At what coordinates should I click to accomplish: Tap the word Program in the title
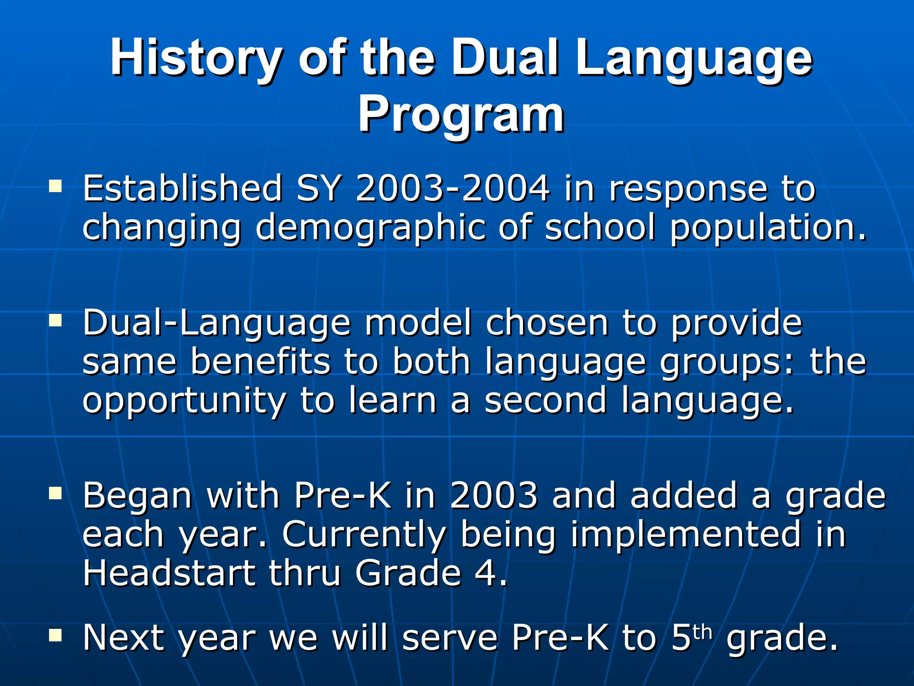(461, 115)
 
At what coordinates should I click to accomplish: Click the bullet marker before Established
(55, 186)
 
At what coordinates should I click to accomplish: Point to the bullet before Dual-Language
(55, 320)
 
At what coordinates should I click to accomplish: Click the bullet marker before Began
(55, 493)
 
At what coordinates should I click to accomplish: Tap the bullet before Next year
(55, 635)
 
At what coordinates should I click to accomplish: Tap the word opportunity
(184, 401)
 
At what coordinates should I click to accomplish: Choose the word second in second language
(545, 400)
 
